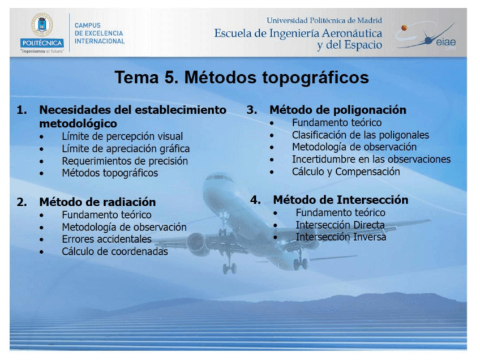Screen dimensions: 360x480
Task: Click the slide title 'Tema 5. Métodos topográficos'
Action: [x=242, y=78]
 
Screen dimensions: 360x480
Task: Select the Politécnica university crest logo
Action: [x=41, y=25]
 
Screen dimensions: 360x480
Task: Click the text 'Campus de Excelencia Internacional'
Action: [x=99, y=33]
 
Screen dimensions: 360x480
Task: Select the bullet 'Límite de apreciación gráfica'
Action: [x=126, y=149]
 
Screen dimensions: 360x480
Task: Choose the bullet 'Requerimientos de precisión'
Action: [x=125, y=161]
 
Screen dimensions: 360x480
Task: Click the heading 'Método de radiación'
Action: [x=97, y=202]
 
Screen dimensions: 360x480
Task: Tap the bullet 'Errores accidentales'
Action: [x=106, y=239]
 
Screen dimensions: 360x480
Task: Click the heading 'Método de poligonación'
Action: [x=337, y=110]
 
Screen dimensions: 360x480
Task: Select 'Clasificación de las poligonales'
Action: [x=360, y=135]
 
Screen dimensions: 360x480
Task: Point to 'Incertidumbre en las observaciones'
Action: [x=371, y=160]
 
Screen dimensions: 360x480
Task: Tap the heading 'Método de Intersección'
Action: [x=340, y=200]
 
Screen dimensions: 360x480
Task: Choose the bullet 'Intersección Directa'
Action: [x=340, y=225]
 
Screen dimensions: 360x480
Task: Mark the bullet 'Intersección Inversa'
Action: [x=341, y=238]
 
